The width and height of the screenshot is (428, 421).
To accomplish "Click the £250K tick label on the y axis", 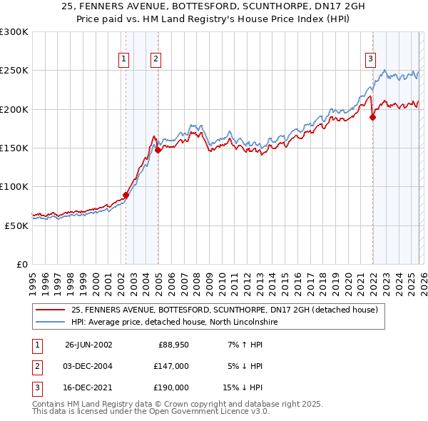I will click(x=14, y=71).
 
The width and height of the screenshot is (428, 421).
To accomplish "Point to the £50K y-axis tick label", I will click(x=16, y=225).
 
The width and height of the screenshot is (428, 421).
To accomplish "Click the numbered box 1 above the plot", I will click(x=124, y=60).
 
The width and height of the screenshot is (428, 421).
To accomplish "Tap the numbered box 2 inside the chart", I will click(x=155, y=60).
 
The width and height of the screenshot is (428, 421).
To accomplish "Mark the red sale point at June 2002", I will click(x=126, y=195).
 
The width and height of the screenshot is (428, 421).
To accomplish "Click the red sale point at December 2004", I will click(x=158, y=150).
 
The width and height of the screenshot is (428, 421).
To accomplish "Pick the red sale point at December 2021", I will click(x=372, y=118).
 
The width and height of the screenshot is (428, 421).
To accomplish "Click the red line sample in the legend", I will click(x=51, y=310).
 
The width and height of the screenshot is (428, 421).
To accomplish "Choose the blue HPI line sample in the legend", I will click(x=51, y=322).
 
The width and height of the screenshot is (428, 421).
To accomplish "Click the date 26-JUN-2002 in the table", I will click(x=88, y=345).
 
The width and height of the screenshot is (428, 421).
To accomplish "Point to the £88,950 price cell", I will click(x=171, y=345).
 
